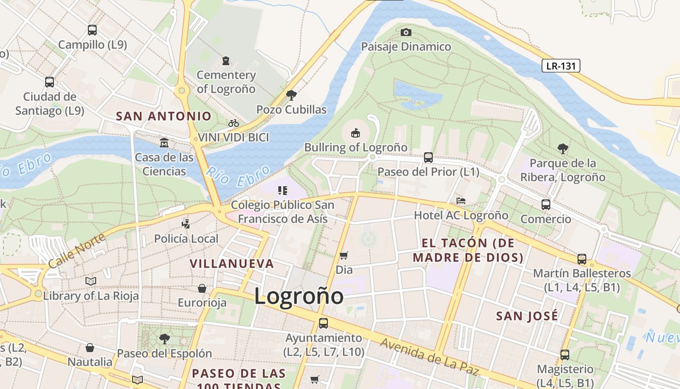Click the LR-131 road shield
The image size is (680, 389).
(561, 66)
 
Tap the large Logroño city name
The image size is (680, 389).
(299, 297)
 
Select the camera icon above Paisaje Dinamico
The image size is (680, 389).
(406, 33)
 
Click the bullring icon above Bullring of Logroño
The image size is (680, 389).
(356, 133)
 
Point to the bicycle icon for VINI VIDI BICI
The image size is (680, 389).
(234, 123)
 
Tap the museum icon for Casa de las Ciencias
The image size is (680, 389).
(164, 143)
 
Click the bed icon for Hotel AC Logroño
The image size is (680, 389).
(461, 201)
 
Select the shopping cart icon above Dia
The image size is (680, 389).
(344, 255)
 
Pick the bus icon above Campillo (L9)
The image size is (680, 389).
(92, 30)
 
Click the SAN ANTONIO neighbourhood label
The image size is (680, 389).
(164, 116)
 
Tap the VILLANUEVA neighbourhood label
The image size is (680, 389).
(232, 264)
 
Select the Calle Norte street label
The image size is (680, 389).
(77, 250)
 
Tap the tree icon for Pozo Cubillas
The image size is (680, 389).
(291, 95)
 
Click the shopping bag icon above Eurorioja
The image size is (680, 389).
(202, 288)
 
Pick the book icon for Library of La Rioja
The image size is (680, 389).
(91, 281)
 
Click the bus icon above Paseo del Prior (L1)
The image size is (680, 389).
(428, 158)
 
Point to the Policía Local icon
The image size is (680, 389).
(186, 224)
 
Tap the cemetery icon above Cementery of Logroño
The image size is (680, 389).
(226, 61)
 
